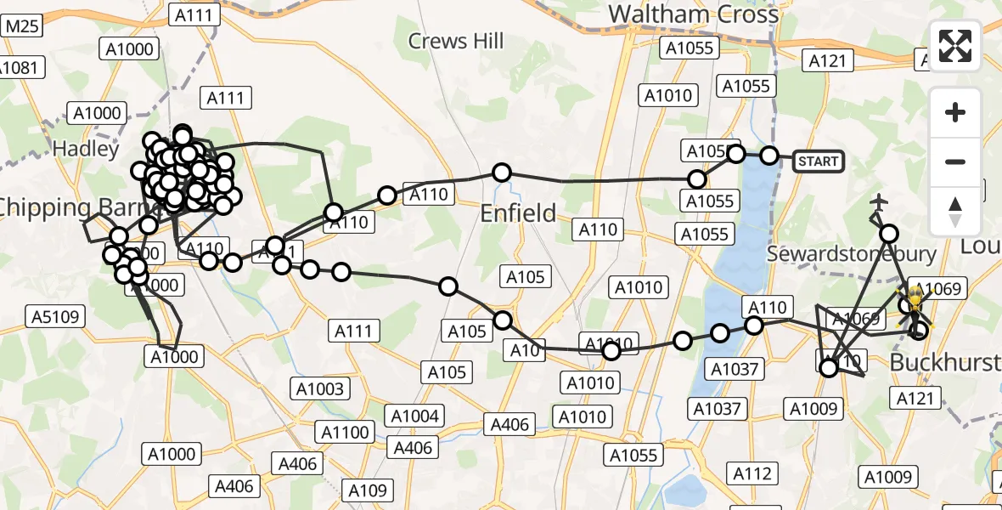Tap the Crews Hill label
(x=456, y=40)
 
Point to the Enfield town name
(x=518, y=212)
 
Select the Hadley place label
(x=86, y=149)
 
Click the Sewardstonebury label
(x=852, y=253)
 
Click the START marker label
(x=818, y=161)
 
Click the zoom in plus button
(x=955, y=112)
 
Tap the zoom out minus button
(x=955, y=161)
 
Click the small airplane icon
(x=879, y=202)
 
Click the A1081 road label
(x=20, y=66)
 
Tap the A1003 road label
(x=320, y=389)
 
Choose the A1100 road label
(x=345, y=432)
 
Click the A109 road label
(x=368, y=490)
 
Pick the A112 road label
(x=752, y=473)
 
